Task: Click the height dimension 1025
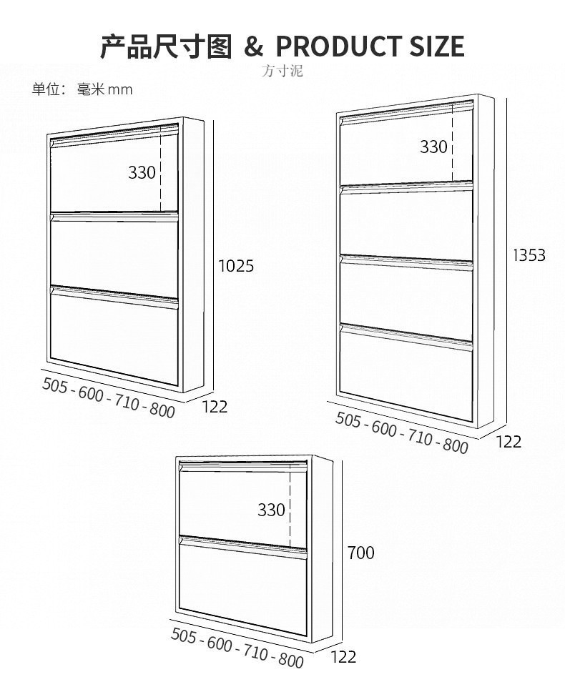click(x=236, y=266)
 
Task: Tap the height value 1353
click(x=529, y=254)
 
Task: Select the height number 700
click(x=360, y=553)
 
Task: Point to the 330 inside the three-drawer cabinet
click(x=142, y=172)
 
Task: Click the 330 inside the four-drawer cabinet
click(x=433, y=147)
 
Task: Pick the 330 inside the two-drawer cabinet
click(x=271, y=510)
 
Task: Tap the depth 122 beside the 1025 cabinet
click(x=215, y=406)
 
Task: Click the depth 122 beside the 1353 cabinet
click(x=508, y=441)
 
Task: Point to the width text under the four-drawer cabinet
click(x=401, y=432)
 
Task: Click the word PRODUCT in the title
click(x=339, y=46)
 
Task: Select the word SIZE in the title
click(x=436, y=46)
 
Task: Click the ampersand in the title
click(x=254, y=47)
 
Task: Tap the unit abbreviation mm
click(x=120, y=89)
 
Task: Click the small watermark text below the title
click(x=282, y=71)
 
